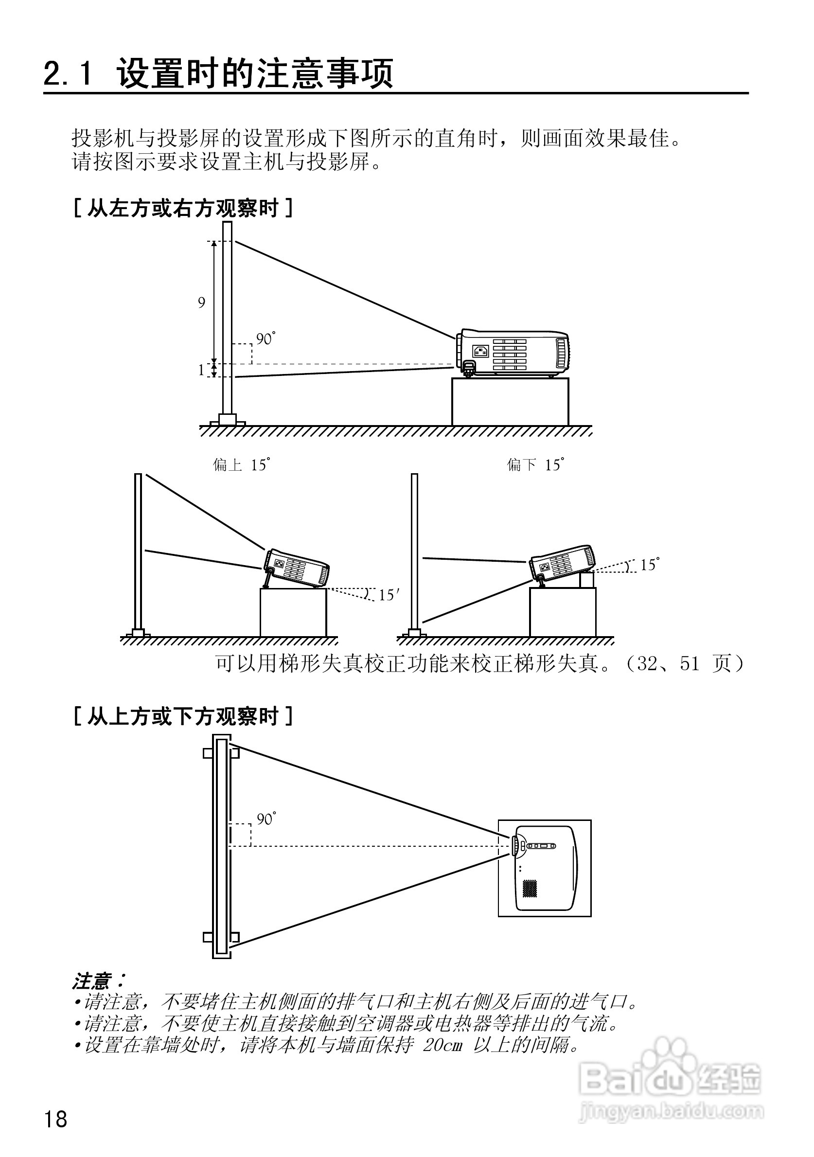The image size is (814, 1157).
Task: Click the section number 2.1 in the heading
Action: click(69, 73)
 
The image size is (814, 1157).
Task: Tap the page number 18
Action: click(55, 1120)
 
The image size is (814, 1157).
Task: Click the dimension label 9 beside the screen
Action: click(201, 303)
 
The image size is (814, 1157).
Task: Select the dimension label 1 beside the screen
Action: click(201, 371)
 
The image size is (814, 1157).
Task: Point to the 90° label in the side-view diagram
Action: click(265, 339)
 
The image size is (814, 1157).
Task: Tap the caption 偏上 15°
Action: click(241, 464)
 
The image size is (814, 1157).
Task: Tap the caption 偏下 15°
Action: click(535, 464)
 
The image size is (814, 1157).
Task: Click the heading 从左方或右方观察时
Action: click(183, 208)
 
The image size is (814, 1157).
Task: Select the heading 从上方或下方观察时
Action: click(183, 716)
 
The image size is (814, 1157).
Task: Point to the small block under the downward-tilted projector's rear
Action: click(587, 580)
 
